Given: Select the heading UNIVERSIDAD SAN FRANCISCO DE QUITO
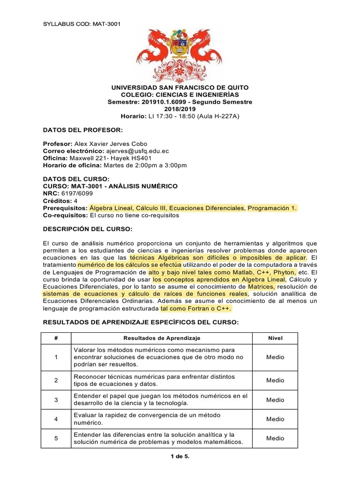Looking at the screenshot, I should pyautogui.click(x=180, y=88).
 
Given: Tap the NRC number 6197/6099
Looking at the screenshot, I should pyautogui.click(x=75, y=193).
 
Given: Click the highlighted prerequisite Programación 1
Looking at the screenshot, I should pyautogui.click(x=272, y=208).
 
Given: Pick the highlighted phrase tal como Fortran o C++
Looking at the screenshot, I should pyautogui.click(x=196, y=309).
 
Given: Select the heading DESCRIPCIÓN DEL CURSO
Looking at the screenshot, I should pyautogui.click(x=88, y=229).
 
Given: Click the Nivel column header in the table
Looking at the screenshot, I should pyautogui.click(x=275, y=338).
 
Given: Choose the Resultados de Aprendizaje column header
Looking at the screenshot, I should pyautogui.click(x=162, y=338).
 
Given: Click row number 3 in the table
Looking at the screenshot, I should pyautogui.click(x=56, y=400).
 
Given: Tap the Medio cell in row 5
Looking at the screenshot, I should pyautogui.click(x=275, y=438).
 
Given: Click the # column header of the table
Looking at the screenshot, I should pyautogui.click(x=56, y=338).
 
